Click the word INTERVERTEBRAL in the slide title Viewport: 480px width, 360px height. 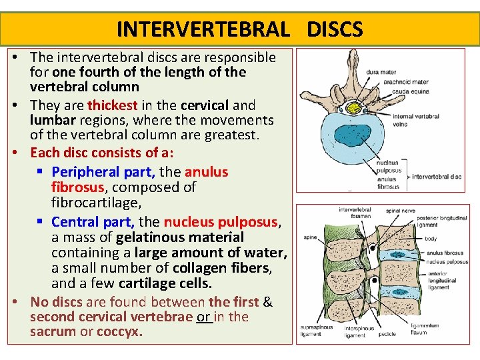(203, 29)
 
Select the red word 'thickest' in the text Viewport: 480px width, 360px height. (112, 105)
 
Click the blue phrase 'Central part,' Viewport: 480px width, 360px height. (93, 222)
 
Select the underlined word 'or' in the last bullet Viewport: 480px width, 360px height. (203, 317)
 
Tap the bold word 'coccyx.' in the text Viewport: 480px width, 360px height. (119, 332)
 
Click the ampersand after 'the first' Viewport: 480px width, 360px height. (268, 302)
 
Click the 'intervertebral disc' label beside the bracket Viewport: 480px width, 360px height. (437, 177)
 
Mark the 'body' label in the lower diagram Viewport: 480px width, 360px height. (431, 238)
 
